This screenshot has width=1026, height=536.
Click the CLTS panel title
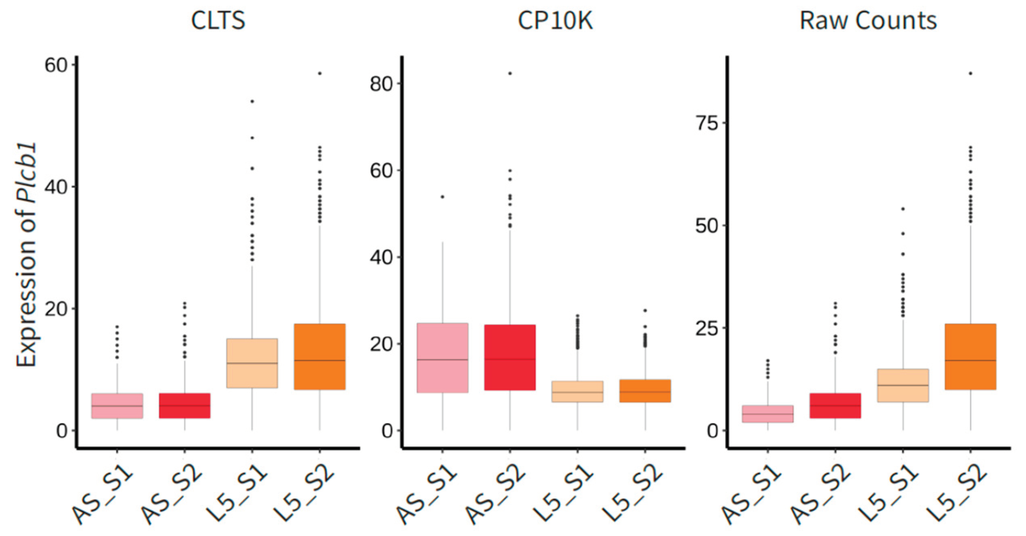[218, 20]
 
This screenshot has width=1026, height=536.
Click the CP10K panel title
[555, 20]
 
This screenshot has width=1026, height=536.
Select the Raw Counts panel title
[868, 20]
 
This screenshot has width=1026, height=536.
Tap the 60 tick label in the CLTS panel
[55, 65]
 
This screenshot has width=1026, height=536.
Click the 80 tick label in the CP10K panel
[381, 84]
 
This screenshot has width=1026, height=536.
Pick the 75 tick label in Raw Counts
[706, 123]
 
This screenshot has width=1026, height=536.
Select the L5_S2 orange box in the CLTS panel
[320, 357]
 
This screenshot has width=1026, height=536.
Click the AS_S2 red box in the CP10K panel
[510, 357]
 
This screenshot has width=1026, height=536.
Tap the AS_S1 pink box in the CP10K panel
[443, 357]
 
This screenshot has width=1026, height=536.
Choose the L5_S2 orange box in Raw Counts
[970, 357]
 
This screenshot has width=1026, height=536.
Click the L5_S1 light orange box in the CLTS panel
[252, 363]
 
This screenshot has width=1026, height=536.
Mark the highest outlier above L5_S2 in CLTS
[320, 73]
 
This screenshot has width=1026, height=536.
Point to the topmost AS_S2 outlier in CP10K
[510, 73]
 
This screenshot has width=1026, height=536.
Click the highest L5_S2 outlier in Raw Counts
[970, 73]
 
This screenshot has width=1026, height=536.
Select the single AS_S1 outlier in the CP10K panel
[443, 197]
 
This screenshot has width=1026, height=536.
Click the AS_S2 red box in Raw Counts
[835, 406]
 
